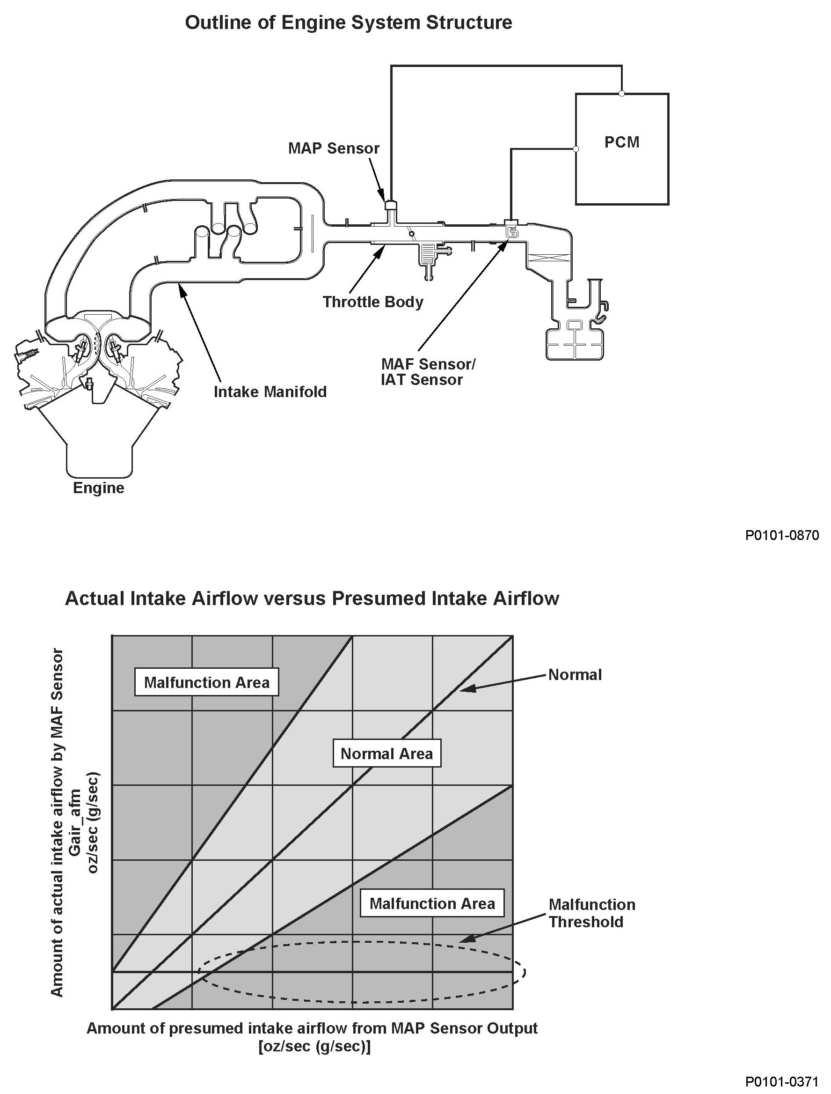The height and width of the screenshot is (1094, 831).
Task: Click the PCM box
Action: [621, 148]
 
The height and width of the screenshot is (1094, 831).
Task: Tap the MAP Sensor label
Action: [334, 148]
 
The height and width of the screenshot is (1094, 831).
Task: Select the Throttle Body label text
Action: [373, 302]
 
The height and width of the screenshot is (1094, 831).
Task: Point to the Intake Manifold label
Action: [270, 392]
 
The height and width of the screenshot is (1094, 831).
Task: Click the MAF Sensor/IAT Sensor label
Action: [427, 372]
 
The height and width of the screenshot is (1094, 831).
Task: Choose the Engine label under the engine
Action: [98, 488]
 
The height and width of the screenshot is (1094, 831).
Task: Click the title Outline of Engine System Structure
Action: [348, 23]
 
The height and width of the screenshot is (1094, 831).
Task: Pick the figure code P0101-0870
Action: [782, 536]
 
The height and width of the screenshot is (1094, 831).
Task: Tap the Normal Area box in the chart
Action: [386, 754]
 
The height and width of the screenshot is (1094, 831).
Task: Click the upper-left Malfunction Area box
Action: [207, 683]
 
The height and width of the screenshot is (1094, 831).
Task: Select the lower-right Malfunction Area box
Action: [432, 903]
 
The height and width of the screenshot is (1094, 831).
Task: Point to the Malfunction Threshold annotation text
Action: [591, 913]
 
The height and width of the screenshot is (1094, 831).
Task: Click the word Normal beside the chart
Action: [575, 675]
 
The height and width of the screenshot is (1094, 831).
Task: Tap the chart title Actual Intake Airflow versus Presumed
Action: [312, 599]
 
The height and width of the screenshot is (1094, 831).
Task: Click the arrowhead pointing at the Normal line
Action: [465, 688]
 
